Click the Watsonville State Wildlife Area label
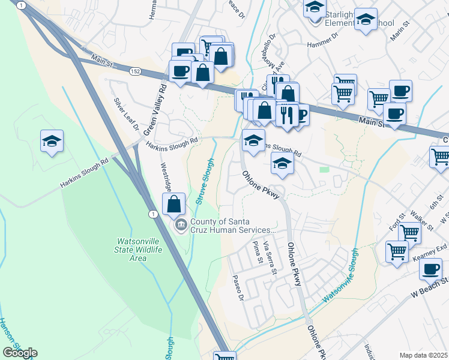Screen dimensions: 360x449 click(139, 249)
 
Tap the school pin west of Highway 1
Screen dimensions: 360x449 click(52, 142)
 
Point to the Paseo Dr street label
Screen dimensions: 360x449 click(238, 289)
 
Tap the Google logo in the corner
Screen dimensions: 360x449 click(20, 353)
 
